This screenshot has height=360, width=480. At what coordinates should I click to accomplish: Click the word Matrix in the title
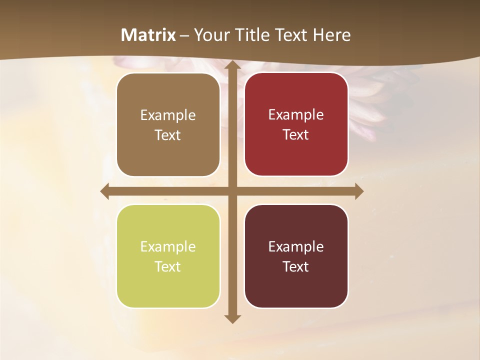click(x=148, y=35)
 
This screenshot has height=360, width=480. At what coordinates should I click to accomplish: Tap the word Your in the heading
click(x=210, y=35)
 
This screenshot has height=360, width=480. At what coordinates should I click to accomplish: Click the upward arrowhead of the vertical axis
click(x=232, y=65)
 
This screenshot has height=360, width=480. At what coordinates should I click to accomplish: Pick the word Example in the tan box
click(x=168, y=115)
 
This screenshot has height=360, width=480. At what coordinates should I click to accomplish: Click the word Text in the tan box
click(x=168, y=135)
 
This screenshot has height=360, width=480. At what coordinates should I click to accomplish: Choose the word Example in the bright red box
click(x=296, y=114)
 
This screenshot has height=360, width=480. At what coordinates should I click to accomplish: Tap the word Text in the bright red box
click(x=296, y=134)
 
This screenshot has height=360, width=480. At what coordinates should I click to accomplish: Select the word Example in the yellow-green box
click(x=168, y=246)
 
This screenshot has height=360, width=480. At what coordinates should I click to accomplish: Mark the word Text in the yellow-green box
click(x=168, y=266)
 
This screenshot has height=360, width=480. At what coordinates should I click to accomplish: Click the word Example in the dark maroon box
click(x=296, y=246)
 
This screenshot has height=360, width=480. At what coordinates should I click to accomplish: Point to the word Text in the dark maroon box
click(x=296, y=266)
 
